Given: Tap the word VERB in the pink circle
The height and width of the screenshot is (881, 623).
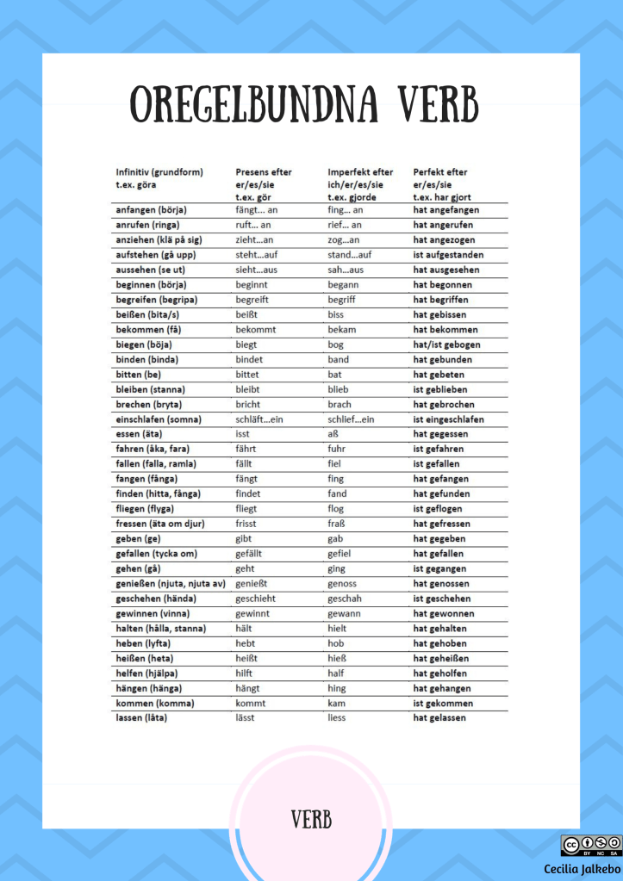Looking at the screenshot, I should click(311, 819).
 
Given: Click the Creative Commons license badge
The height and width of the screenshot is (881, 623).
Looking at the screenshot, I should click(590, 845).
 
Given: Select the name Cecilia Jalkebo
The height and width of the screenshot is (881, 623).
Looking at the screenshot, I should click(582, 870).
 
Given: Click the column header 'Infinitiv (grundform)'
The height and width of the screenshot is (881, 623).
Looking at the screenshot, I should click(159, 172).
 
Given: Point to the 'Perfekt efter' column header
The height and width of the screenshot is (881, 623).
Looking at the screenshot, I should click(440, 172).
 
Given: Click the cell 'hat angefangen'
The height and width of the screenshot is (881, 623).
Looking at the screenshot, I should click(446, 210).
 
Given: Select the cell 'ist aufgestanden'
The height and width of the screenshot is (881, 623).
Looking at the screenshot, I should click(448, 255).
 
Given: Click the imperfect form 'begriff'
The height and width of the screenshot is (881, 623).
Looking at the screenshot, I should click(340, 300).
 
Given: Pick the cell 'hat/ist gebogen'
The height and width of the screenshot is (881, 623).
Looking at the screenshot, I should click(446, 344).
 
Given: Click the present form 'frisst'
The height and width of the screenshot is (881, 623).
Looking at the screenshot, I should click(246, 524).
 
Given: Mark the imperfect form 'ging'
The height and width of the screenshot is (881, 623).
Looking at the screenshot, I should click(337, 568).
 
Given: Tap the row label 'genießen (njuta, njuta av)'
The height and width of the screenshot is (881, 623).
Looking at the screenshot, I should click(171, 584).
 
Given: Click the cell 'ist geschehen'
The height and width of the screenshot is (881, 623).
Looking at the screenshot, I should click(442, 599).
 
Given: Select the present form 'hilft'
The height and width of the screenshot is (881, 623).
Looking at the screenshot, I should click(245, 673).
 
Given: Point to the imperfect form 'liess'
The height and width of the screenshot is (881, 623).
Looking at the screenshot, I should click(336, 718).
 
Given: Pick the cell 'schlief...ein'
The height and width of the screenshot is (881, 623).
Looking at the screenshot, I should click(351, 419).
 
